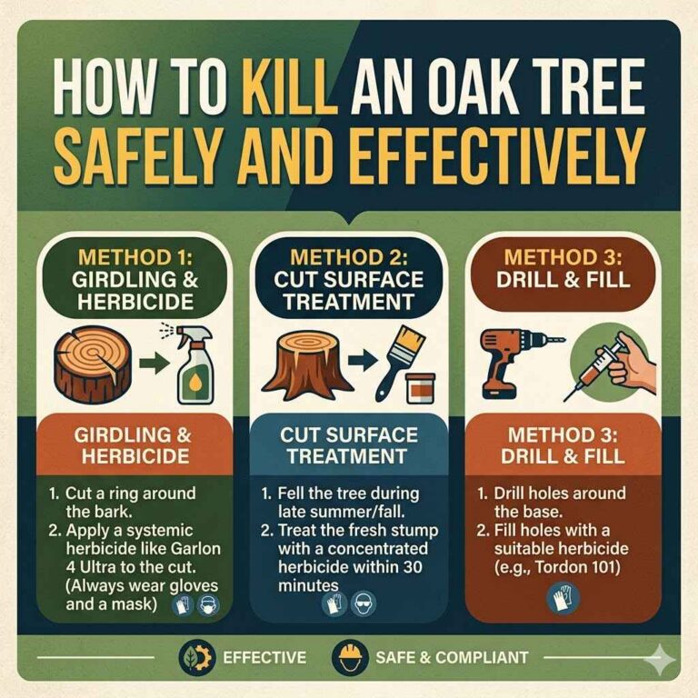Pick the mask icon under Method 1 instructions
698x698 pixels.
tap(206, 603)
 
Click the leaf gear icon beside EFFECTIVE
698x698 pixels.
tap(194, 656)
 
